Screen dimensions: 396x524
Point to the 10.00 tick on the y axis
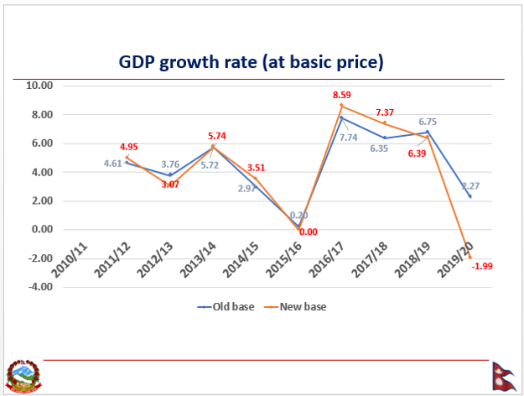click(x=39, y=86)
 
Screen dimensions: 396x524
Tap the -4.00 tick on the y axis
click(x=39, y=287)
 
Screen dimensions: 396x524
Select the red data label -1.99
click(x=481, y=266)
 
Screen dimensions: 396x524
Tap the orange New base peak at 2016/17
click(x=340, y=106)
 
